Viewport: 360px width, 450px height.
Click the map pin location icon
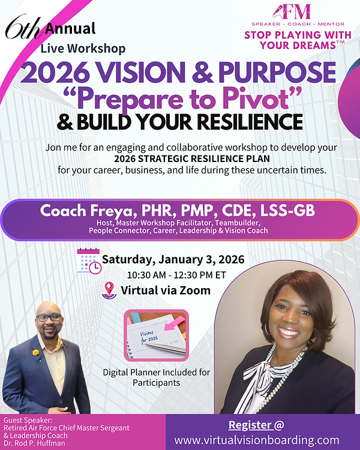pyautogui.click(x=110, y=290)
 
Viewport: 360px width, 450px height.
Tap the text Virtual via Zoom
pyautogui.click(x=166, y=290)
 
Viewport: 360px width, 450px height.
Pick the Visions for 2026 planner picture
pyautogui.click(x=155, y=337)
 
